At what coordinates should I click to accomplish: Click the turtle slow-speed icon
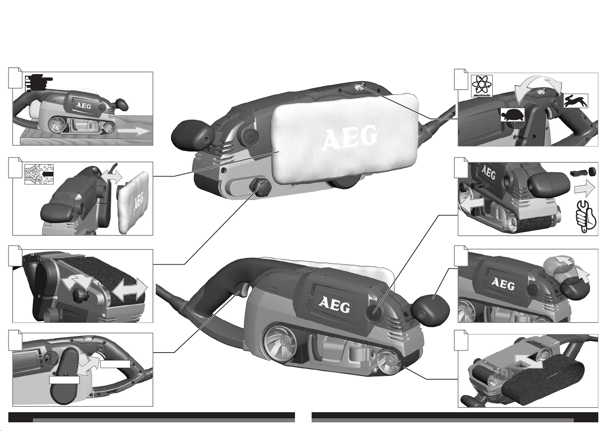pyautogui.click(x=512, y=115)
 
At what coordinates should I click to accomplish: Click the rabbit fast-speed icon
pyautogui.click(x=576, y=101)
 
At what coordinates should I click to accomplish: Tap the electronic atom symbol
pyautogui.click(x=482, y=86)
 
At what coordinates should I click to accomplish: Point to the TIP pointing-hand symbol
pyautogui.click(x=39, y=83)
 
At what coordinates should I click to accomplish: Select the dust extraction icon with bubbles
pyautogui.click(x=39, y=174)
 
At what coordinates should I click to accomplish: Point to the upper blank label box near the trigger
pyautogui.click(x=115, y=364)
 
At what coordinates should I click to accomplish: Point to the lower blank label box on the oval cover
pyautogui.click(x=64, y=380)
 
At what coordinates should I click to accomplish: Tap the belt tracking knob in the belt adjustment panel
pyautogui.click(x=80, y=294)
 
